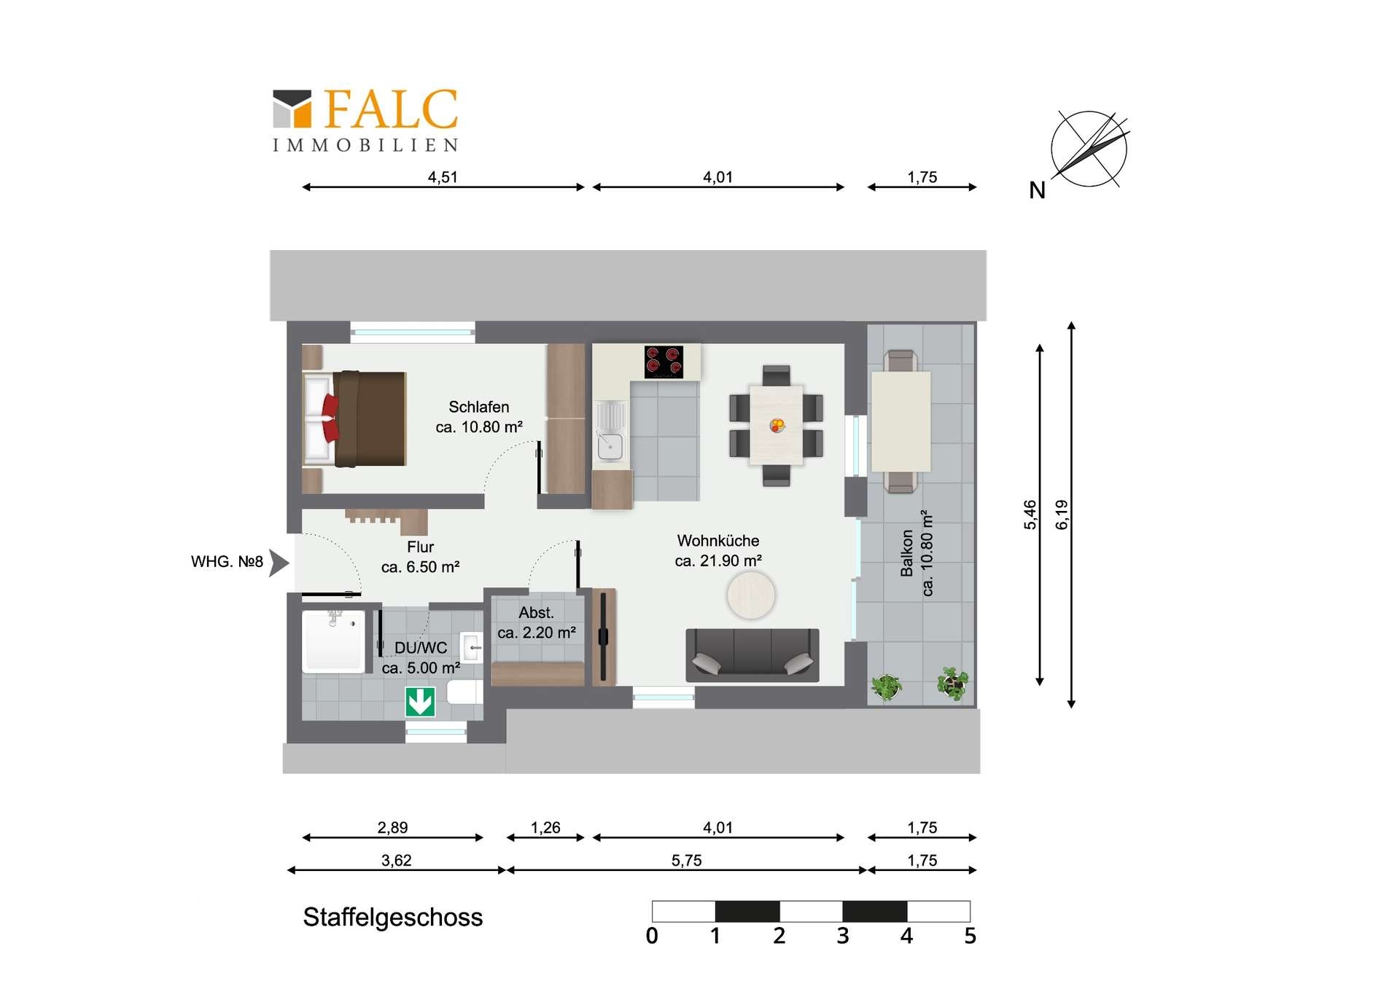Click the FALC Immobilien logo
365,120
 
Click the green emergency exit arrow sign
420,702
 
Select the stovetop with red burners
664,361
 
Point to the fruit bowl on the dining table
777,425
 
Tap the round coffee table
750,595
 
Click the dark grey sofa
752,655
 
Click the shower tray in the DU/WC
333,641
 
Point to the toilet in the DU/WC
464,692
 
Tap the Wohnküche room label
718,550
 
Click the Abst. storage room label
537,622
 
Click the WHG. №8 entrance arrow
279,563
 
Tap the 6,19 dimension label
1062,515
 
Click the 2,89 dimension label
392,827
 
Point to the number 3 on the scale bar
842,936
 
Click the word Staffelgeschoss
393,917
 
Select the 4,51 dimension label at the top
443,177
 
